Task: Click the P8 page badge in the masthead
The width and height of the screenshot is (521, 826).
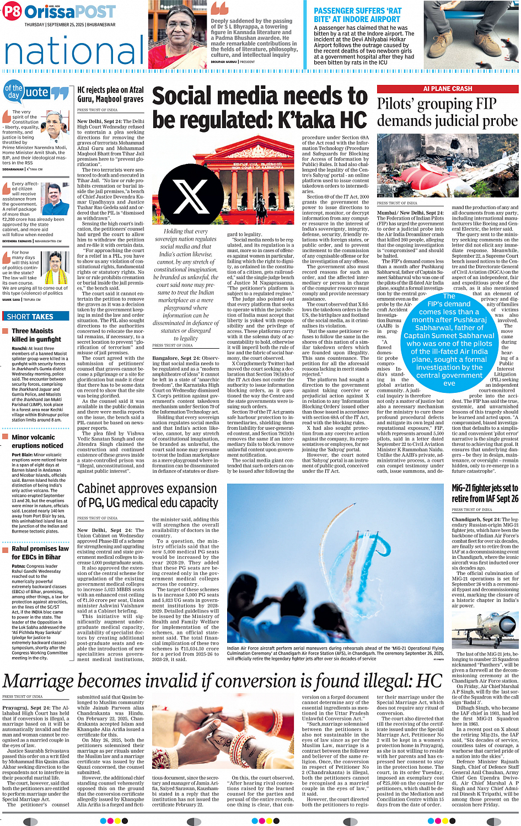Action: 12,12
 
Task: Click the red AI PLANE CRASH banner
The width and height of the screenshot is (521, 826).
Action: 447,89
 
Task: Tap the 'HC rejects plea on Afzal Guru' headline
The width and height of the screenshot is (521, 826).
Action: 110,94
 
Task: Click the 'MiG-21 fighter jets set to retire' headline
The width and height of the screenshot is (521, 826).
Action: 485,493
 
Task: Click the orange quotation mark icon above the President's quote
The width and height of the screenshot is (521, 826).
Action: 219,8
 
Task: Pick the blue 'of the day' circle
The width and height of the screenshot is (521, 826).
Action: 13,91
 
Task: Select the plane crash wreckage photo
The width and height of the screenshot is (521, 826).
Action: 447,166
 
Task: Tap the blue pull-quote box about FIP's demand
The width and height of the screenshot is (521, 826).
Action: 449,339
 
